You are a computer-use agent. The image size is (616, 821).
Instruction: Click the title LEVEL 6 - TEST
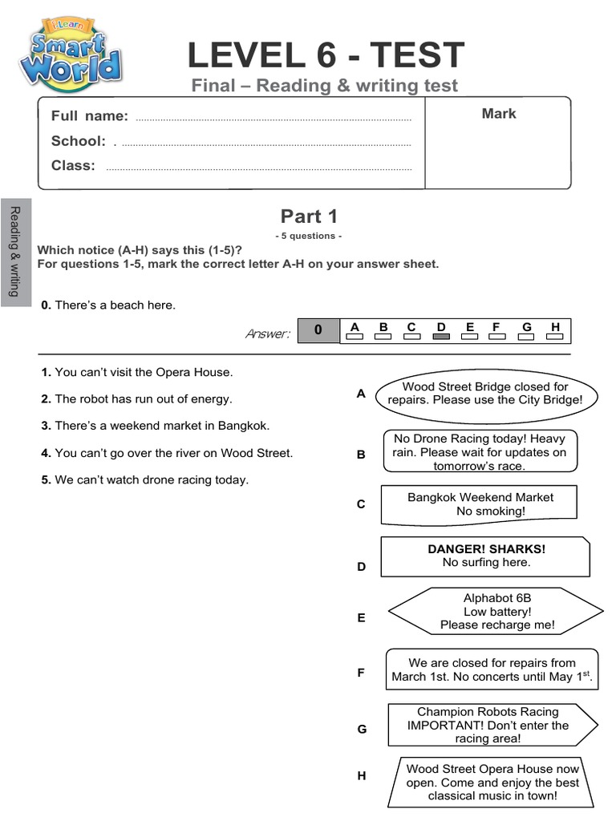(x=326, y=55)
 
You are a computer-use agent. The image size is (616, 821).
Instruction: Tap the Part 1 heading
(x=309, y=216)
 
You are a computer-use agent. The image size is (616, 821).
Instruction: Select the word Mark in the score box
(x=498, y=114)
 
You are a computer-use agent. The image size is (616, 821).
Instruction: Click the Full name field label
(x=89, y=116)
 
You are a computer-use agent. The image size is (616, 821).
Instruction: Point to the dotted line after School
(x=265, y=145)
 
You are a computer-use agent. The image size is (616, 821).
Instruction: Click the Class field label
(x=73, y=166)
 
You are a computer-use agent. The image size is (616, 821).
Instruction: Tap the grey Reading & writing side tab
(x=15, y=252)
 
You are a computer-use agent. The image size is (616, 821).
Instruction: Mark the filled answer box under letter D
(x=441, y=338)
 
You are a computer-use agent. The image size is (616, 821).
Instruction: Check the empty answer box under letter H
(x=555, y=338)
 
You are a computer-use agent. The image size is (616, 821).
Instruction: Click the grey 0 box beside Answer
(x=318, y=330)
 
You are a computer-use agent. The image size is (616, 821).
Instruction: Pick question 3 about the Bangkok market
(x=156, y=426)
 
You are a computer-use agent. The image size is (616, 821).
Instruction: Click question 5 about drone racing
(x=145, y=479)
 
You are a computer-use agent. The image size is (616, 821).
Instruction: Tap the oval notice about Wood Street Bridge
(x=484, y=393)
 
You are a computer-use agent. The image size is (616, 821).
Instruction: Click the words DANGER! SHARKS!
(x=486, y=548)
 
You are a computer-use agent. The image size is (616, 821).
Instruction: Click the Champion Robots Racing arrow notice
(x=491, y=725)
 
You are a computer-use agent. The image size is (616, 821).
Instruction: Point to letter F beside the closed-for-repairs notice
(x=361, y=673)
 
